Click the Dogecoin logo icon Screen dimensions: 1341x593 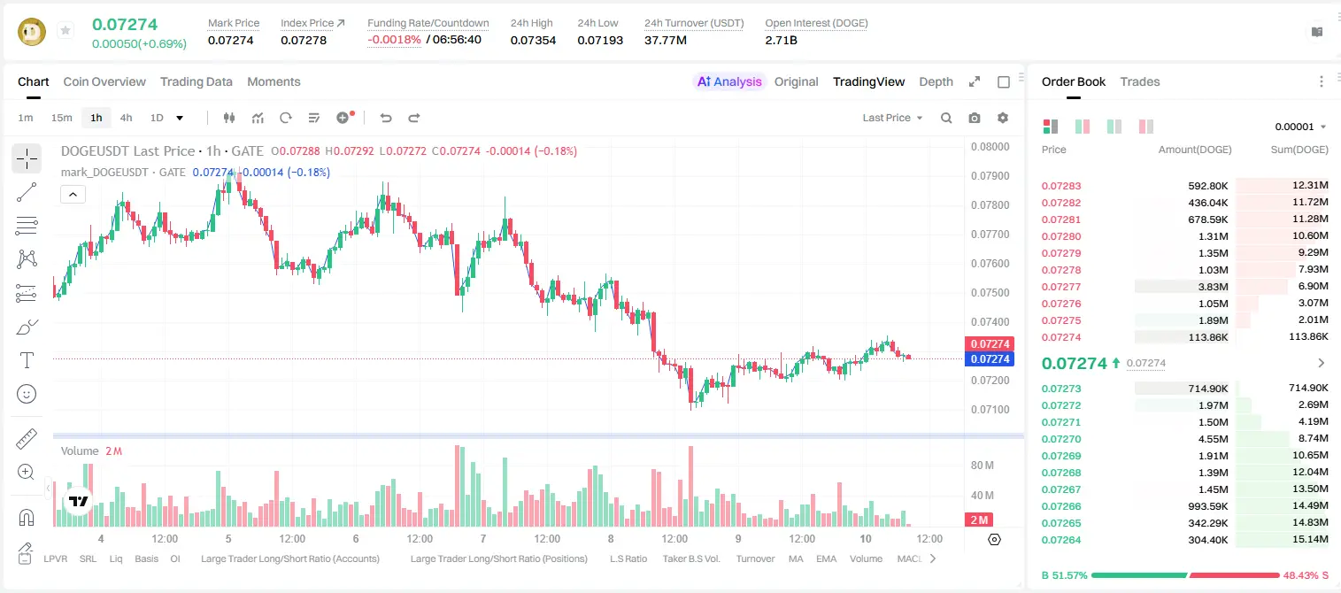click(x=32, y=32)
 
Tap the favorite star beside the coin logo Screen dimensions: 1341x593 click(x=66, y=30)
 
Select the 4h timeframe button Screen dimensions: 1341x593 click(x=126, y=118)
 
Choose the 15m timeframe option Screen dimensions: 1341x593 click(x=62, y=118)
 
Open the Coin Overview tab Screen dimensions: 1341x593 click(x=104, y=81)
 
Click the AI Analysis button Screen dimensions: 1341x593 click(x=729, y=81)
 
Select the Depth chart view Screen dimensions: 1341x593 click(x=936, y=81)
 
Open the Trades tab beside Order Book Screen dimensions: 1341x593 click(x=1140, y=81)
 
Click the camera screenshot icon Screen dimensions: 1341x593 click(x=975, y=118)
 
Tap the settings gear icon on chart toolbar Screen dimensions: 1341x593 click(x=1003, y=118)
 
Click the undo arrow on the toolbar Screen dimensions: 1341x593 click(x=386, y=118)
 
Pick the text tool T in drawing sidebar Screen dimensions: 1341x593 click(x=27, y=360)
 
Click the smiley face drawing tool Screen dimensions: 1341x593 click(x=27, y=394)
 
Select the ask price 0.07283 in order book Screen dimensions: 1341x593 click(x=1061, y=186)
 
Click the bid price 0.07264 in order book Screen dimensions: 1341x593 click(x=1061, y=540)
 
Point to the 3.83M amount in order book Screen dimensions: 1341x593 click(x=1213, y=287)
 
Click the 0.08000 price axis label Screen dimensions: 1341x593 click(x=990, y=147)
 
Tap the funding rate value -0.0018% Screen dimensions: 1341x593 click(x=394, y=40)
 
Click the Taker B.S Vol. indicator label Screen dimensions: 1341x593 click(x=691, y=558)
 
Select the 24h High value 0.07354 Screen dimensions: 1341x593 click(x=533, y=40)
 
